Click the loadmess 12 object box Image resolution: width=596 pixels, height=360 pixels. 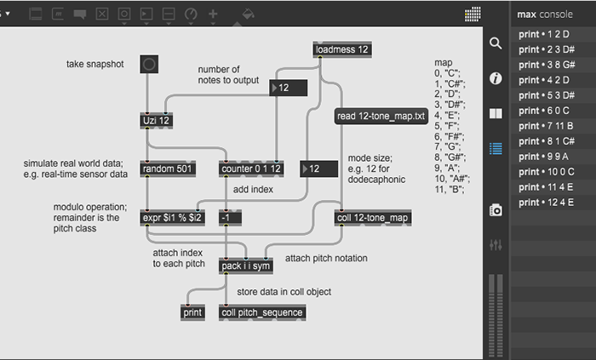(x=341, y=49)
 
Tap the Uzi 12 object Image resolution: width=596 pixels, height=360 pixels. (x=158, y=121)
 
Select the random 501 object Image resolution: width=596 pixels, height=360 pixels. (x=169, y=169)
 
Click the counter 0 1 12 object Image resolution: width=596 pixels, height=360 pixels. (x=249, y=169)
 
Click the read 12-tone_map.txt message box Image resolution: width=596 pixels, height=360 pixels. (x=381, y=117)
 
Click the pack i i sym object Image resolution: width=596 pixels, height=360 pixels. (x=245, y=266)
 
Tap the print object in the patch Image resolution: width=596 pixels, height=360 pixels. (x=193, y=312)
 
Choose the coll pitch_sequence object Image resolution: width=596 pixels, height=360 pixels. (x=261, y=312)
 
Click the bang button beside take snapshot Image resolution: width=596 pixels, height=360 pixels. (x=149, y=63)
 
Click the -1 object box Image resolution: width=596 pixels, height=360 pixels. (x=228, y=217)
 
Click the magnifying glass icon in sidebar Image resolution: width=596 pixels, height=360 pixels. (x=496, y=43)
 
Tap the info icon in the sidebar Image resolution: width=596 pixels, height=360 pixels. (x=496, y=77)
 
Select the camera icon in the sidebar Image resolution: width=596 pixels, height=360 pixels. (x=496, y=209)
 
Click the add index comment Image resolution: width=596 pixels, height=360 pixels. (x=253, y=189)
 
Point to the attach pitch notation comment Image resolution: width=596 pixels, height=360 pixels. (x=326, y=258)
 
